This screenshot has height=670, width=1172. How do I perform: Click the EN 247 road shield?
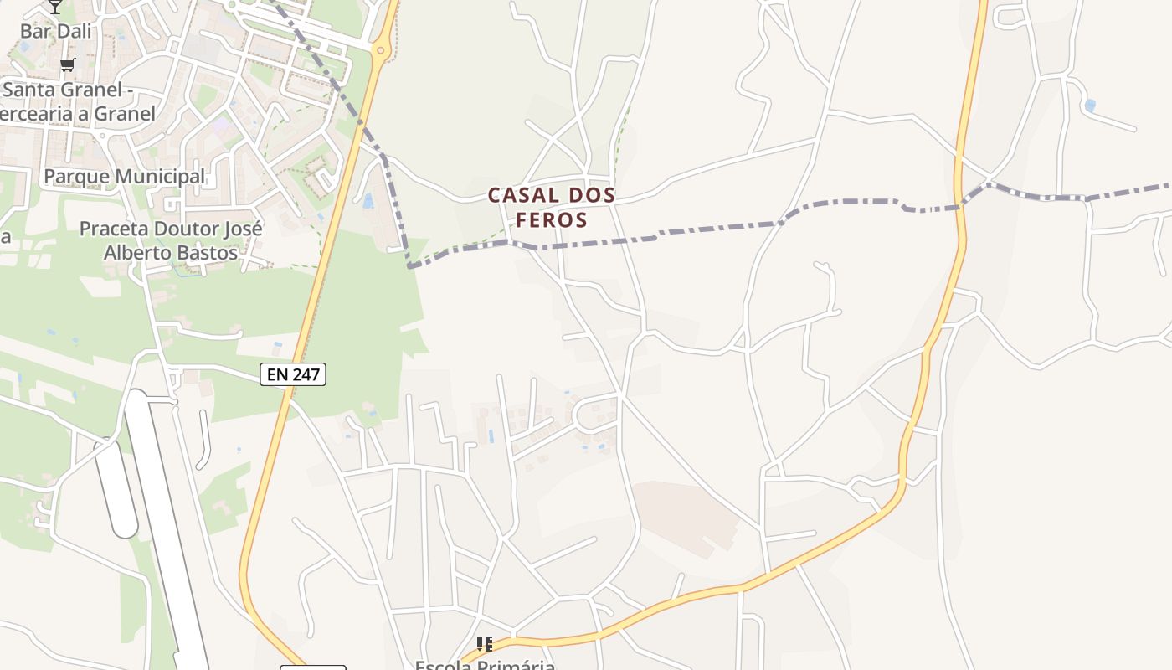(292, 374)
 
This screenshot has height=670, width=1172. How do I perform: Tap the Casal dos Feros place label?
(552, 207)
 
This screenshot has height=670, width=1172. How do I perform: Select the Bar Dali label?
(55, 31)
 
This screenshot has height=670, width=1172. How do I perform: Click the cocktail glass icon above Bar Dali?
(55, 6)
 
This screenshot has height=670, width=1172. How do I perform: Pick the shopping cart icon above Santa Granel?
(67, 64)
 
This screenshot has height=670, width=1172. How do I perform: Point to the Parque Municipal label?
(124, 177)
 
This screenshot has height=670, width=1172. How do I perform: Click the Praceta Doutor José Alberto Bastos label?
(171, 240)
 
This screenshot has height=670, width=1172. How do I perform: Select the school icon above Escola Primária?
(484, 643)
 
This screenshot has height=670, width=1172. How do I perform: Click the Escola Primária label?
(486, 665)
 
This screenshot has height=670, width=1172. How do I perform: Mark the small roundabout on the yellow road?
(381, 51)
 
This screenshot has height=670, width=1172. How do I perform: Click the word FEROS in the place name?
(552, 219)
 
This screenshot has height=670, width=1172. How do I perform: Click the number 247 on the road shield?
(306, 374)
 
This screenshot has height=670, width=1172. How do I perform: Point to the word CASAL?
(513, 195)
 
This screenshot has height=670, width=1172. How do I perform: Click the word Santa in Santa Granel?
(30, 90)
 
